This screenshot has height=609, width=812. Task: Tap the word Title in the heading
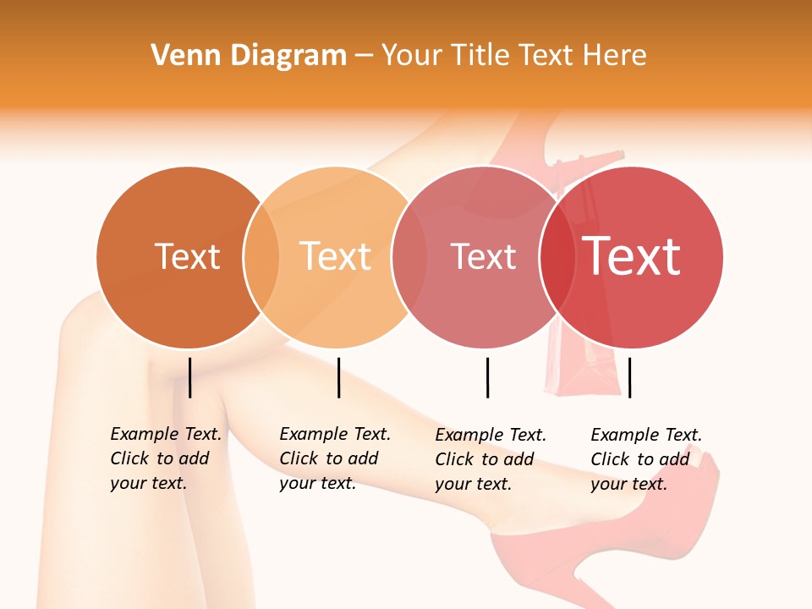tap(478, 56)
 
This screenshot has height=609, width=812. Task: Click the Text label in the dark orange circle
tap(187, 256)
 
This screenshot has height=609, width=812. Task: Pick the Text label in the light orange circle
tap(336, 256)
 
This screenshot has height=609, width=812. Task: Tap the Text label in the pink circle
tap(483, 256)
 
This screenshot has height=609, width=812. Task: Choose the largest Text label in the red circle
tap(631, 256)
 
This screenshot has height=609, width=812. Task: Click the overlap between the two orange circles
tap(261, 257)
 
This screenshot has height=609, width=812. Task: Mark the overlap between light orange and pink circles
tap(409, 257)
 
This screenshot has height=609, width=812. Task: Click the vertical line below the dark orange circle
tap(190, 377)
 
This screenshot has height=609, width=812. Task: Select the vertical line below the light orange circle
tap(338, 377)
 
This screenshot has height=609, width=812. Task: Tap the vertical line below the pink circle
tap(487, 377)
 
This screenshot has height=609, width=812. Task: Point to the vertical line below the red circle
tap(629, 377)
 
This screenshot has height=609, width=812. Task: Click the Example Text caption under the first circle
tap(165, 458)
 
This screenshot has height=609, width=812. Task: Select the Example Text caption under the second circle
tap(334, 458)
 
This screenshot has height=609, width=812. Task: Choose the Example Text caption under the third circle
tap(490, 459)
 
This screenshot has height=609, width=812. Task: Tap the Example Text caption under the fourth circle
tap(645, 459)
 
